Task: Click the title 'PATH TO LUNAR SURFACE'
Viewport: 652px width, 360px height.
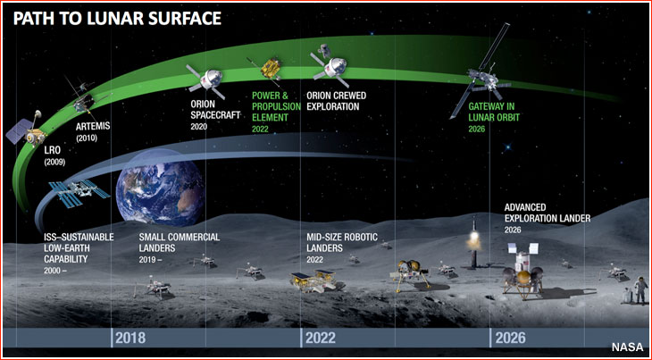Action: pyautogui.click(x=117, y=19)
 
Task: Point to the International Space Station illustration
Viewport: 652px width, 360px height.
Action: pyautogui.click(x=79, y=192)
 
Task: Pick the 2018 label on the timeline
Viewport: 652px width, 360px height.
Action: pyautogui.click(x=130, y=338)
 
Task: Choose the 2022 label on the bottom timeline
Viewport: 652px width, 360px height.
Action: pyautogui.click(x=320, y=338)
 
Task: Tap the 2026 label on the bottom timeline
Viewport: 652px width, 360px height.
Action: pyautogui.click(x=510, y=338)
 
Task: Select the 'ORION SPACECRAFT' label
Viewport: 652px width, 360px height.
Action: pyautogui.click(x=215, y=109)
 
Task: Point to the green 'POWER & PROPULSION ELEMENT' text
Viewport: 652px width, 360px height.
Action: pyautogui.click(x=276, y=106)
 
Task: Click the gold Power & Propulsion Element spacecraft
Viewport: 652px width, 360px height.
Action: pyautogui.click(x=270, y=68)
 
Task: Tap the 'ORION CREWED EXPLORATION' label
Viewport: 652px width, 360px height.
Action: pyautogui.click(x=337, y=101)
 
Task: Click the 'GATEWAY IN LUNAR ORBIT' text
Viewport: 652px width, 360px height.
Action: pyautogui.click(x=494, y=112)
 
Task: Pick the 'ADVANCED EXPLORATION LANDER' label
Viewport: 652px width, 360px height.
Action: pyautogui.click(x=548, y=213)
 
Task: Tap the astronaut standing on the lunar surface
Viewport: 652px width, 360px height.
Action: pyautogui.click(x=639, y=291)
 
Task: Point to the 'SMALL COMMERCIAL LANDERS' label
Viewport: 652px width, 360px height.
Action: pyautogui.click(x=180, y=242)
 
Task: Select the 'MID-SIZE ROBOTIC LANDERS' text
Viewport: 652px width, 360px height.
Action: pyautogui.click(x=342, y=242)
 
